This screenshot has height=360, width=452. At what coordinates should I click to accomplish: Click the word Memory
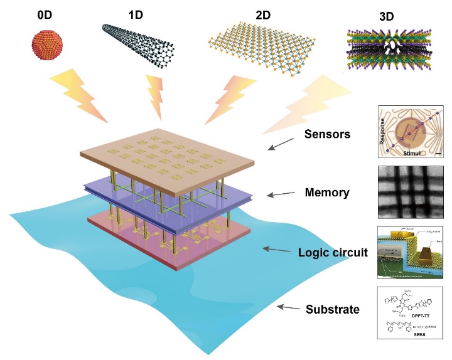[326, 193]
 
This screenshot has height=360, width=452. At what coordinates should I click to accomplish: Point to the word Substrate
[332, 309]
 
